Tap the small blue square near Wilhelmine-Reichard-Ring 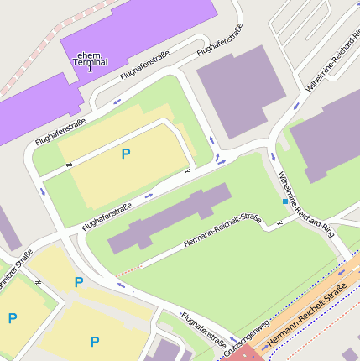tap(285, 202)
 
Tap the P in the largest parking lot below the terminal tap(126, 154)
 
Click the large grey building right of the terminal tap(238, 85)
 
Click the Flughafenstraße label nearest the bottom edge tap(203, 329)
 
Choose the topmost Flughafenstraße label tap(220, 40)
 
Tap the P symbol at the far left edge tap(12, 318)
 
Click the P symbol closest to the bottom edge tap(95, 342)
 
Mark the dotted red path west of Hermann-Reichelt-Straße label tap(128, 269)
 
